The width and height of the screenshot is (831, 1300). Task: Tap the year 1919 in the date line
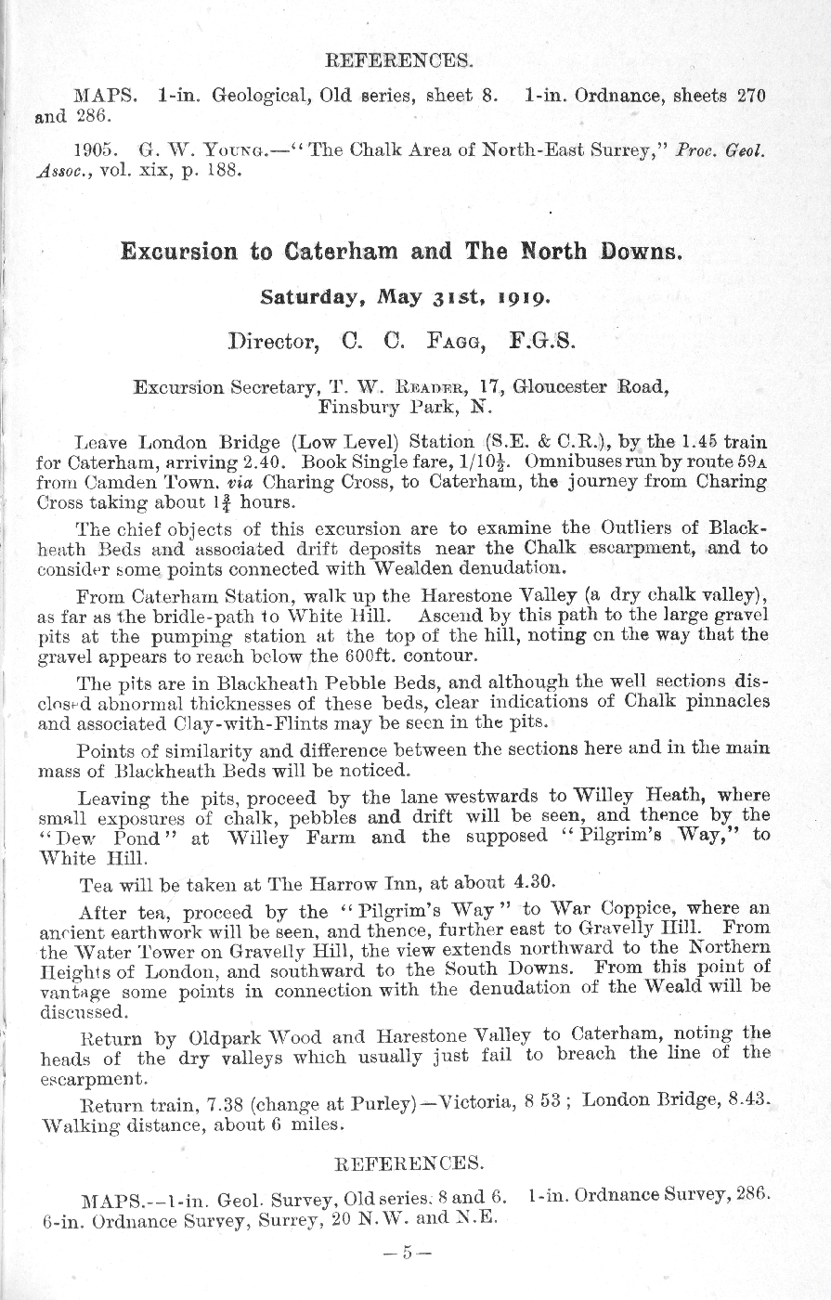521,298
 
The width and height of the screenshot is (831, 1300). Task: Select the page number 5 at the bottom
407,1252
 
